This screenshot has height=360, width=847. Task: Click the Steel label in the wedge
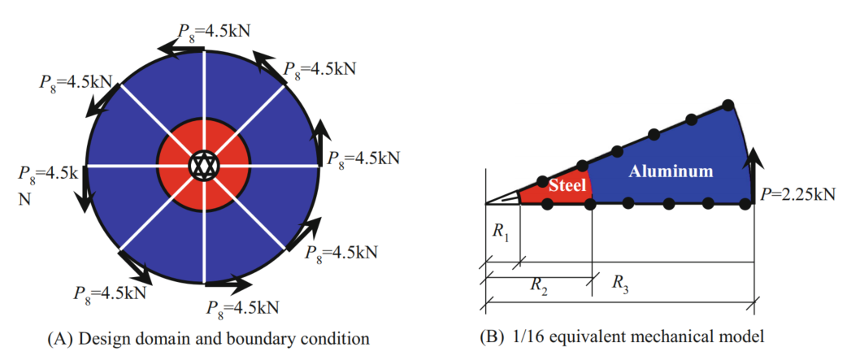point(567,185)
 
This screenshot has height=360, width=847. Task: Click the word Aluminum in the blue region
point(671,171)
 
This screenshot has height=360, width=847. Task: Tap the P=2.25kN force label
point(797,195)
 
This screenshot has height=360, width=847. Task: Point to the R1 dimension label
point(501,231)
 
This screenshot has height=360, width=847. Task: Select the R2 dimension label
point(539,284)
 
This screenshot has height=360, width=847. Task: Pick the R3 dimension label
point(619,284)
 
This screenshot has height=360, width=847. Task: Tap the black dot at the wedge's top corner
point(729,105)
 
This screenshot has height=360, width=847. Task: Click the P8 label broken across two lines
point(46,184)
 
